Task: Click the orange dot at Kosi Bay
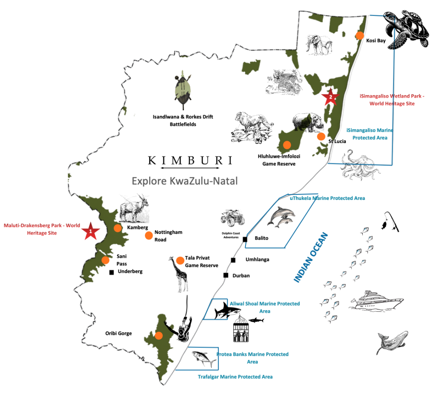(359, 36)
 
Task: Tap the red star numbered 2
(330, 97)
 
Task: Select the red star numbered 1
(90, 231)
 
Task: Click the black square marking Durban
(226, 275)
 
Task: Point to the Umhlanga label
(257, 260)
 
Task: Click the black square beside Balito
(245, 239)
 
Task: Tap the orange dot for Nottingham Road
(149, 236)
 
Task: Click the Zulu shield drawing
(183, 90)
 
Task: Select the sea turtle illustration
(406, 29)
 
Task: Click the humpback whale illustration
(392, 342)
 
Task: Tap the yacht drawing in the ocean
(376, 300)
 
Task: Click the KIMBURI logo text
(190, 160)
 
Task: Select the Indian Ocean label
(311, 257)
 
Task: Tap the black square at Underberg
(112, 273)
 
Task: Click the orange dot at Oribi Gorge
(158, 336)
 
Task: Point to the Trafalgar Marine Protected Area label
(235, 376)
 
